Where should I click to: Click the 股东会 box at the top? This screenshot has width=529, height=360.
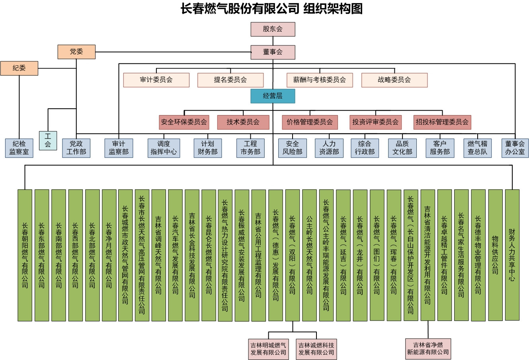(273, 29)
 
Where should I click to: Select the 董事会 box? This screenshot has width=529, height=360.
(273, 52)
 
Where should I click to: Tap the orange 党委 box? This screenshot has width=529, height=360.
(76, 52)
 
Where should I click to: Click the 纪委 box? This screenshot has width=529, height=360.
(19, 68)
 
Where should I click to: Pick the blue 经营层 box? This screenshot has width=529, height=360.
(273, 96)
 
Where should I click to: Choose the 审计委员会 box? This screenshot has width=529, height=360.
(156, 80)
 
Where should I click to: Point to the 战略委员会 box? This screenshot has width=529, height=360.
(394, 80)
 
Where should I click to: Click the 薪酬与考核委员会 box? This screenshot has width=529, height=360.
(320, 80)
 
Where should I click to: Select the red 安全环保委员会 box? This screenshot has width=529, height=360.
(184, 122)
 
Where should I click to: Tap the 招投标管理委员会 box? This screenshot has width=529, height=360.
(442, 122)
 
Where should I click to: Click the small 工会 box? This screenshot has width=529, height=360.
(48, 140)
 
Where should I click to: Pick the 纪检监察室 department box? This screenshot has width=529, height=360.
(19, 148)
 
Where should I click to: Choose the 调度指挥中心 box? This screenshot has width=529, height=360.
(164, 148)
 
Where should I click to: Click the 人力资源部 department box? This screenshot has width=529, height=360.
(329, 148)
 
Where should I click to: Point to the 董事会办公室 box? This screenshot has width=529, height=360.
(515, 148)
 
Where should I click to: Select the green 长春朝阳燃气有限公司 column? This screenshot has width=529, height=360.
(25, 255)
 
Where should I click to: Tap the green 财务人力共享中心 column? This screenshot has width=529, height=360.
(512, 255)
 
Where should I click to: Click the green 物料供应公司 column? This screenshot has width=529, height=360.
(495, 255)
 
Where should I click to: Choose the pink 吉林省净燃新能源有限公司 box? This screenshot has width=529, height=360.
(428, 348)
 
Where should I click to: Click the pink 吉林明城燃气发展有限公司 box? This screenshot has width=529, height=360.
(268, 349)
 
